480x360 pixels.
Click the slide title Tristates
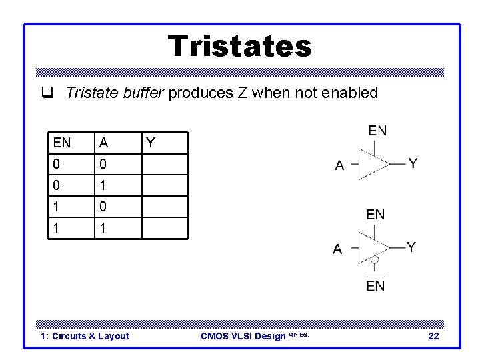(239, 46)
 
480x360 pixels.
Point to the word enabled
(349, 93)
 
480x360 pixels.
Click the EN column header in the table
(62, 142)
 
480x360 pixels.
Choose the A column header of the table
(103, 142)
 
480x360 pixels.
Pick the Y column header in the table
(151, 142)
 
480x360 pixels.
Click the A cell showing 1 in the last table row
(103, 227)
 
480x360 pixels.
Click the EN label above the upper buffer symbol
(377, 131)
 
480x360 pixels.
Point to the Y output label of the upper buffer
(413, 163)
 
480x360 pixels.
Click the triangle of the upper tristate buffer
(373, 163)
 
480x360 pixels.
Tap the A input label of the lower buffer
(337, 249)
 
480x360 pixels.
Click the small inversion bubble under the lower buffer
(375, 259)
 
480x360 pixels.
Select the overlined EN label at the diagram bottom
(375, 285)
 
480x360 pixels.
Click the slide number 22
(433, 336)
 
